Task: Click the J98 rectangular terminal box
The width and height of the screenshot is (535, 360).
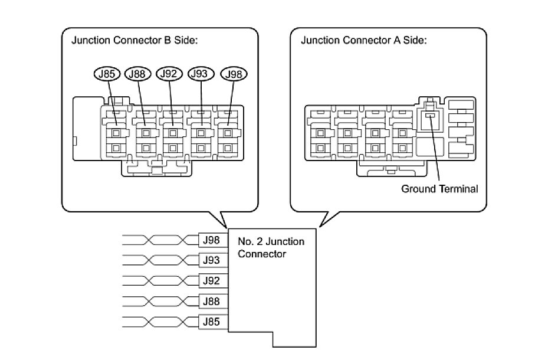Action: click(x=211, y=240)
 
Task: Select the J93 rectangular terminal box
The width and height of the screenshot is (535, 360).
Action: click(x=211, y=260)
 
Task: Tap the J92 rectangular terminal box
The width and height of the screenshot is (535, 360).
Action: click(x=211, y=280)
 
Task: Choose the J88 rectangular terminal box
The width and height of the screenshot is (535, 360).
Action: click(x=211, y=301)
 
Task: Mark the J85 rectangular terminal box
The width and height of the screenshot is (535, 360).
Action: click(x=211, y=322)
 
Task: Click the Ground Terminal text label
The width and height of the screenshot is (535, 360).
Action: click(x=439, y=189)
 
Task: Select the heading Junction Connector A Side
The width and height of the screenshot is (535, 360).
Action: click(x=363, y=41)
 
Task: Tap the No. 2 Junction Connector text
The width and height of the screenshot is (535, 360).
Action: click(x=263, y=248)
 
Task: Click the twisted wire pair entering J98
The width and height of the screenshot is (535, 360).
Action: click(x=159, y=240)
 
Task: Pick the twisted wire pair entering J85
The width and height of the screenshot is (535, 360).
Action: click(x=159, y=322)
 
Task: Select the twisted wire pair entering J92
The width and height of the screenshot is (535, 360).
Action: click(x=159, y=280)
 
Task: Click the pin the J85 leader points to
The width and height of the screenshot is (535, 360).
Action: click(x=116, y=130)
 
